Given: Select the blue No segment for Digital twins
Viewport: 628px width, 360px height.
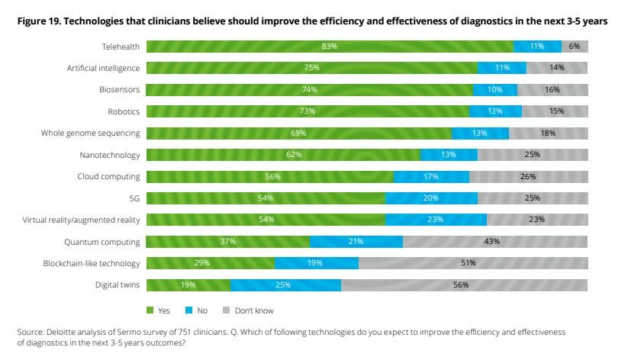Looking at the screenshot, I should pyautogui.click(x=285, y=285).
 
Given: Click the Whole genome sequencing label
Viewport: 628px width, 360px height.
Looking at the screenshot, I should pyautogui.click(x=90, y=133).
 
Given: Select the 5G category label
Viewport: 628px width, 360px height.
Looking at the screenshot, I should pyautogui.click(x=134, y=198).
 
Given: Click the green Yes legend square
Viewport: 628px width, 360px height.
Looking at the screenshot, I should pyautogui.click(x=150, y=311).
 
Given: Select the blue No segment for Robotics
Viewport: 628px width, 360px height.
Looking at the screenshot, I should pyautogui.click(x=495, y=111).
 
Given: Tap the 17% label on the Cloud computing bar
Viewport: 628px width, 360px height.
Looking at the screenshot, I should pyautogui.click(x=431, y=176).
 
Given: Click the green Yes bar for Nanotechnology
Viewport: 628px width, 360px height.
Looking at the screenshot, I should pyautogui.click(x=283, y=155).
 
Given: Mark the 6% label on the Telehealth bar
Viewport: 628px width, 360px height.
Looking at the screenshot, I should pyautogui.click(x=575, y=47).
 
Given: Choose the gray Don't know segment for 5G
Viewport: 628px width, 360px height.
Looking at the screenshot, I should pyautogui.click(x=533, y=198).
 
